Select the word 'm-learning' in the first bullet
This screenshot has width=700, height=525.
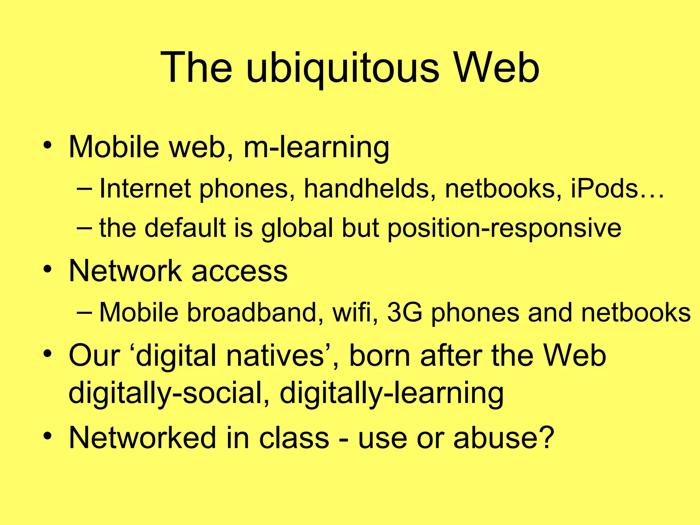[x=316, y=147]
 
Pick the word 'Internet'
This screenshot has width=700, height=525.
[x=145, y=189]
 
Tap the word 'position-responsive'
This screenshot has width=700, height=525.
[x=504, y=228]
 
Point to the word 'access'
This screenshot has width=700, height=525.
[x=240, y=271]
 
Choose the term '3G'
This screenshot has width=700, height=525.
[x=405, y=312]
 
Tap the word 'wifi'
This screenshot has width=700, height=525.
[x=355, y=312]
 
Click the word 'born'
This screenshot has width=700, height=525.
[x=379, y=355]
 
